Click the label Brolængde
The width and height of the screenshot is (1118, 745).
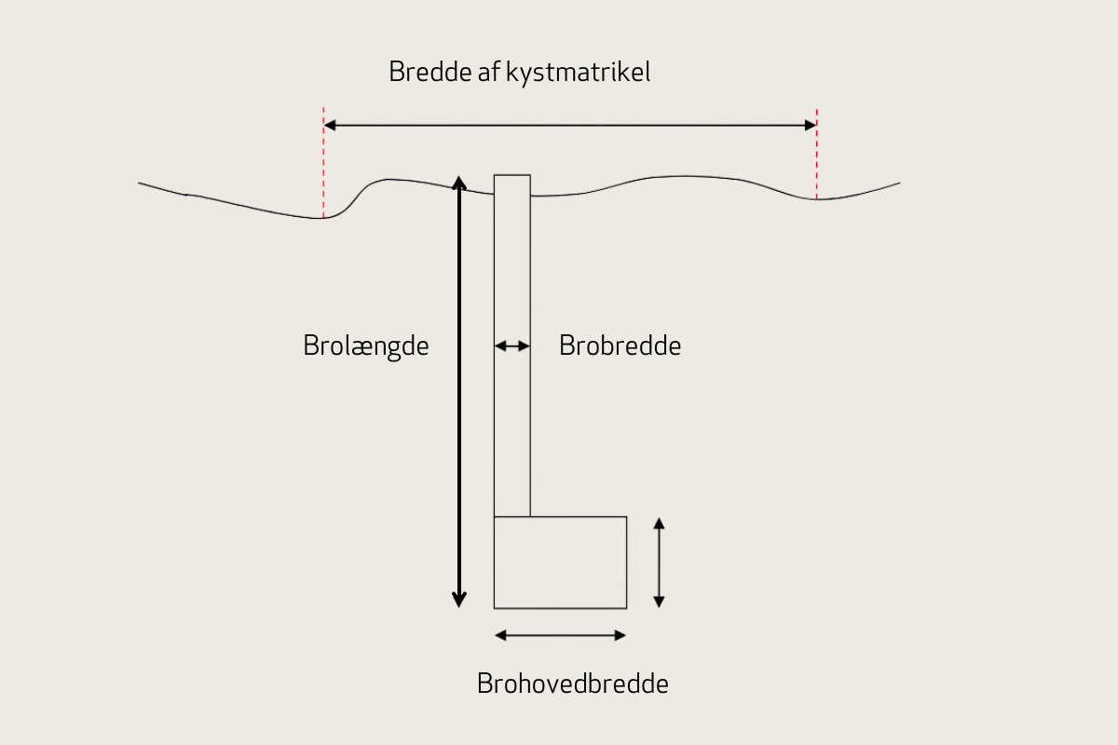[x=366, y=345]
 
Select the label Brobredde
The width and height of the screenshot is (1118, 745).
[x=620, y=345]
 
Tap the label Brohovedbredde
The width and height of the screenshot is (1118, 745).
[x=572, y=684]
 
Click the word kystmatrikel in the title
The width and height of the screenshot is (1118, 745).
[x=578, y=73]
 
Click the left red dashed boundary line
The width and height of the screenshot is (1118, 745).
[x=323, y=163]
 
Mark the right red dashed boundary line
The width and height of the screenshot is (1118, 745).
[x=816, y=154]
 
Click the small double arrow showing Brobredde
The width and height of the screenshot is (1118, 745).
[x=511, y=346]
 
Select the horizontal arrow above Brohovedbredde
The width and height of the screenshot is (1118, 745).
[x=560, y=635]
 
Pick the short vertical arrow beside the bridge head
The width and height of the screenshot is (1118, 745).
[x=659, y=562]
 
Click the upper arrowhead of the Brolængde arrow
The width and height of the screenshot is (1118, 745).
[x=458, y=182]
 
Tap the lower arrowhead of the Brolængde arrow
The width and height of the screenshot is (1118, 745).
[x=458, y=600]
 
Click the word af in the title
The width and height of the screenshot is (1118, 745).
[x=489, y=73]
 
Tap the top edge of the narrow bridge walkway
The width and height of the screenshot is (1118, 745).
[x=511, y=175]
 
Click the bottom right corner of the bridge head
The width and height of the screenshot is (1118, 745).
[x=626, y=607]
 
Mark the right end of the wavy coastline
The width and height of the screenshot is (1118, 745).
[x=898, y=183]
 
